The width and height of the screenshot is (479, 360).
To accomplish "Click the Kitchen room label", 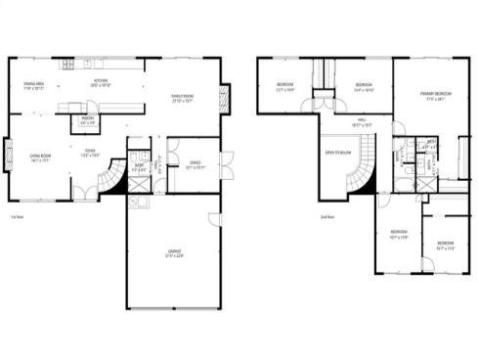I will coord(100,83).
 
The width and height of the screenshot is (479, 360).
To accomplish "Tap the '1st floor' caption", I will coord(16,217).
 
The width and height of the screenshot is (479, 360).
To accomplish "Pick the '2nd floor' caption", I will coord(327,217).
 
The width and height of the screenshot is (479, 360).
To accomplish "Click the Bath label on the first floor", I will coord(140,166).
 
